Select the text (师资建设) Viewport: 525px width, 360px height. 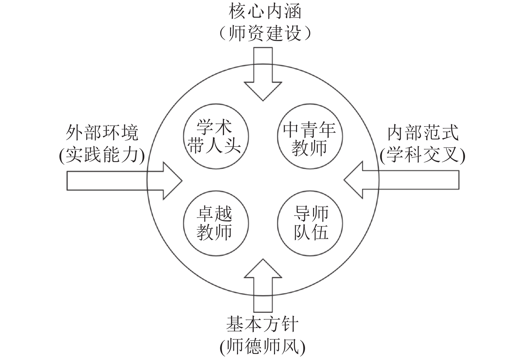tap(265, 33)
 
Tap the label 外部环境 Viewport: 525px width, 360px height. tap(102, 133)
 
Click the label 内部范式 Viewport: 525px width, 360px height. tap(423, 133)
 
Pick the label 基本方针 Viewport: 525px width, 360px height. tap(262, 324)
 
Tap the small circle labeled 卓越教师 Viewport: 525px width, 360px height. tap(216, 223)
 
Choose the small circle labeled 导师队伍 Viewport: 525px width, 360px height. tap(310, 223)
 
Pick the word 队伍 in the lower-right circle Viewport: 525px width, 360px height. tap(311, 233)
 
